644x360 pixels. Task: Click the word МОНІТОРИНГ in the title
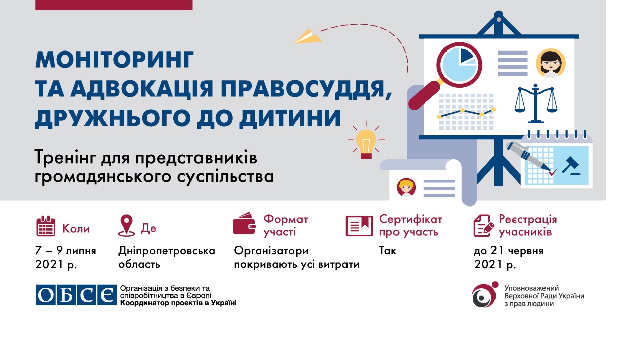115,60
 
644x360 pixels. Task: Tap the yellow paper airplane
308,37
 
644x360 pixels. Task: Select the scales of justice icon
535,104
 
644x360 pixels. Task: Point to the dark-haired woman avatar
551,63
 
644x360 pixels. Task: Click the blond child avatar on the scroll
406,187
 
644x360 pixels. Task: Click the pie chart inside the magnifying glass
459,65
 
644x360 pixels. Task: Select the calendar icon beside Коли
46,226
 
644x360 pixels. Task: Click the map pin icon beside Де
126,226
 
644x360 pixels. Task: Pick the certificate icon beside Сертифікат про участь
359,226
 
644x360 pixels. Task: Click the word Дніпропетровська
167,251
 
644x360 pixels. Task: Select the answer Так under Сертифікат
387,251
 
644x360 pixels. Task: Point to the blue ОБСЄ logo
76,295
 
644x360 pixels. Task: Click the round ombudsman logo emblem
485,295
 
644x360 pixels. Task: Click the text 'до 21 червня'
509,251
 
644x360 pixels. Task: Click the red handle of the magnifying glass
424,95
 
